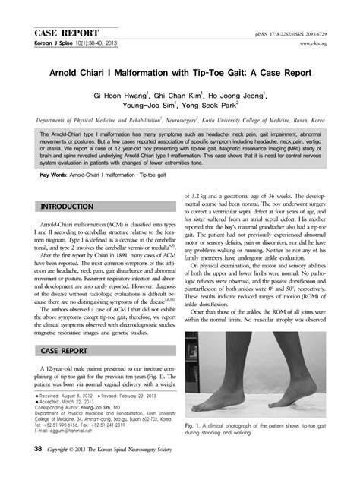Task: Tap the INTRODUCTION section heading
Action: (69, 207)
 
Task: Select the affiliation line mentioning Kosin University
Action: (181, 120)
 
